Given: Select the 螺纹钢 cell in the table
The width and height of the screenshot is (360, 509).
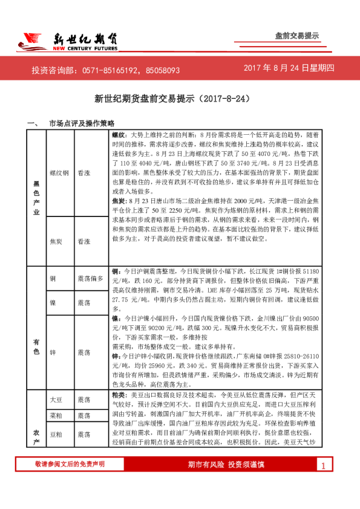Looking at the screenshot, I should tap(60, 172).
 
